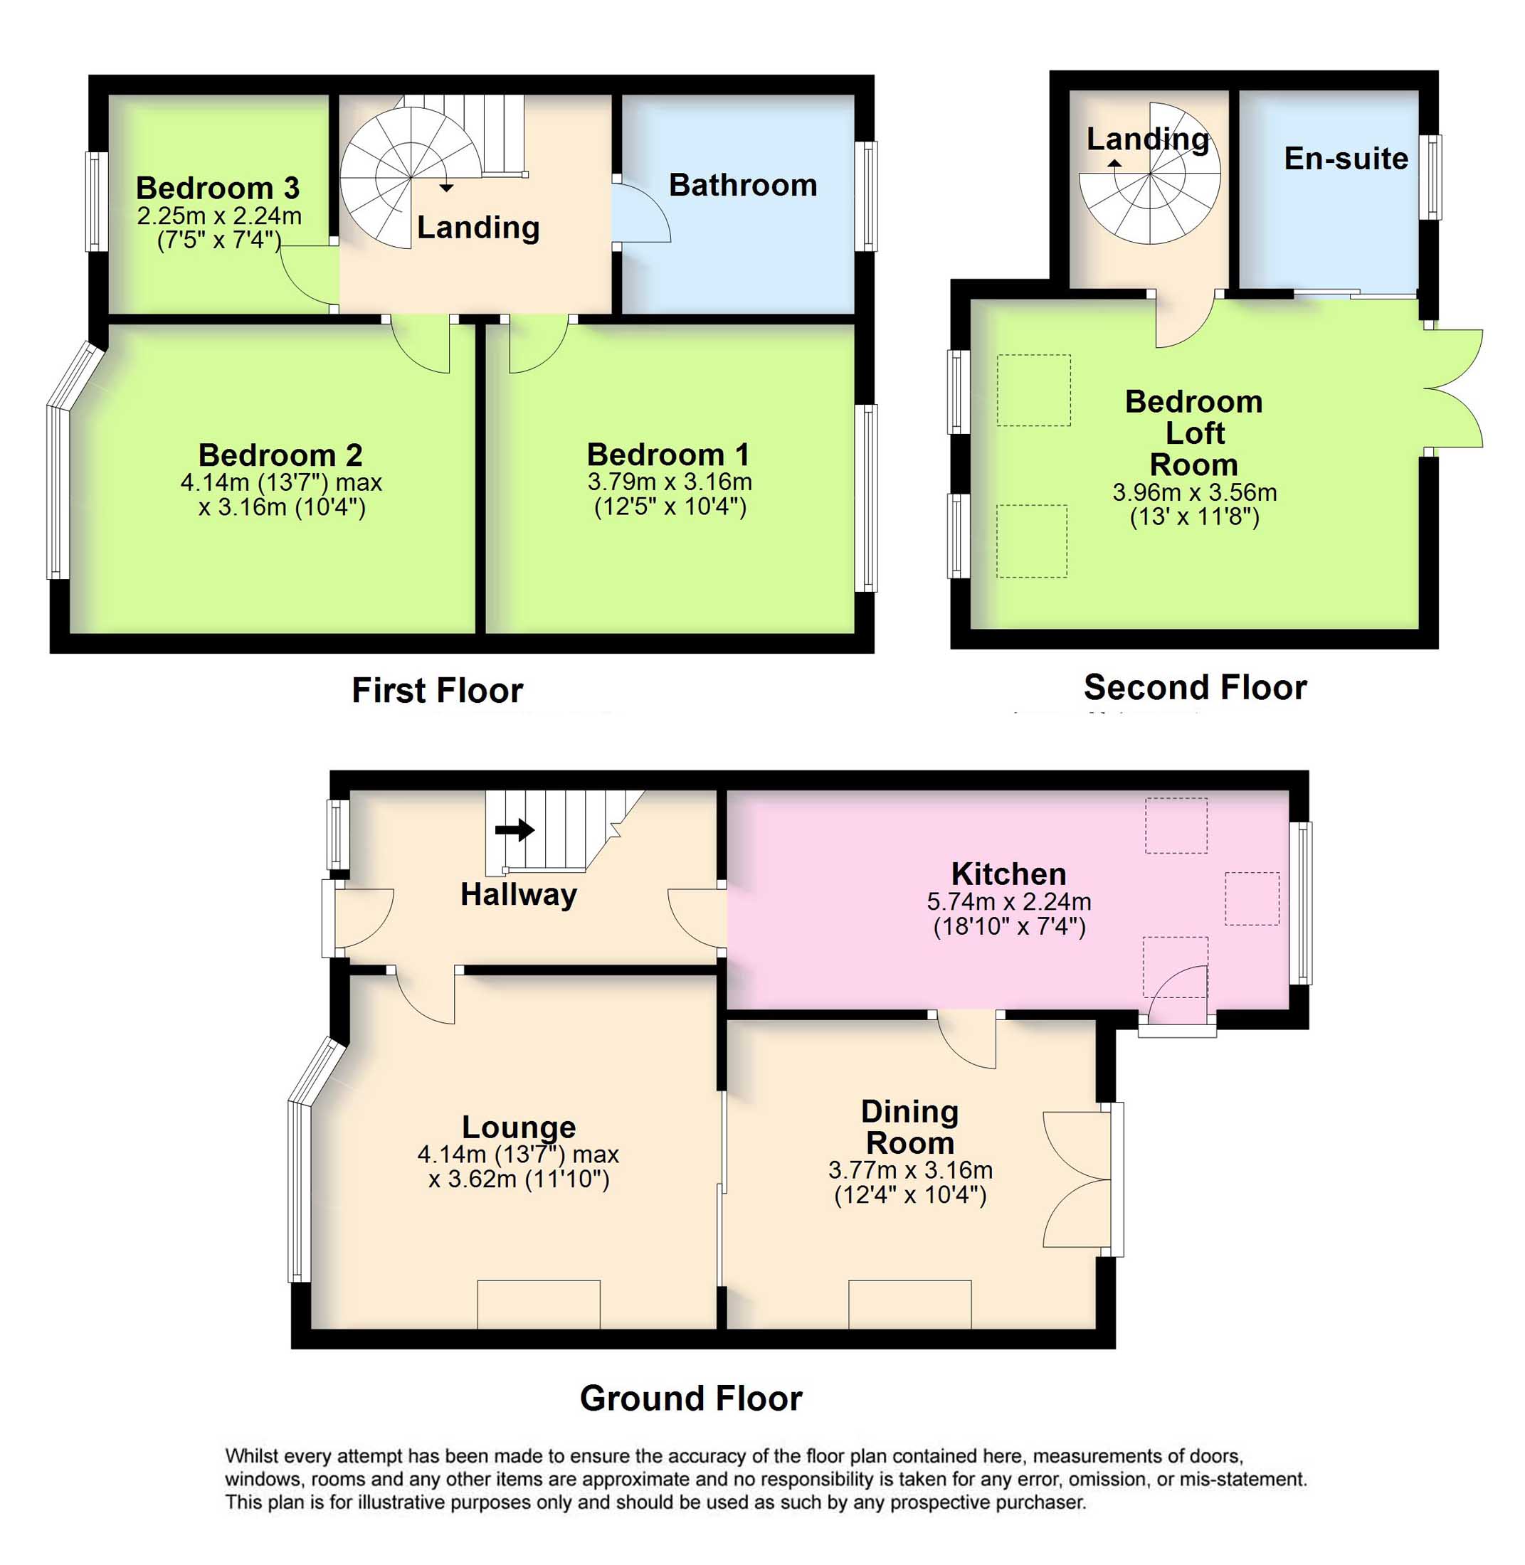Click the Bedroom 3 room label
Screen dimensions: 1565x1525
pyautogui.click(x=217, y=188)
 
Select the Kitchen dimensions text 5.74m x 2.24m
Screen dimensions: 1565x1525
pyautogui.click(x=1008, y=901)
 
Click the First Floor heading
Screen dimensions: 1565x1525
pyautogui.click(x=438, y=690)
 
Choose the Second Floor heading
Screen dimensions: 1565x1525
pyautogui.click(x=1195, y=687)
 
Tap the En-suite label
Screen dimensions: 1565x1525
pyautogui.click(x=1346, y=159)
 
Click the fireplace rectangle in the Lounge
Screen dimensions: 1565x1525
pyautogui.click(x=538, y=1304)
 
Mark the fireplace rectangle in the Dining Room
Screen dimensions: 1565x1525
pyautogui.click(x=910, y=1304)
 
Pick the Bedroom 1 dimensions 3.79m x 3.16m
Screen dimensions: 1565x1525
pyautogui.click(x=670, y=482)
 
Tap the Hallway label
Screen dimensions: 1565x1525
pyautogui.click(x=518, y=894)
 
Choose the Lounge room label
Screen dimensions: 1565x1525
pyautogui.click(x=518, y=1126)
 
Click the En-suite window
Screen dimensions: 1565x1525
pyautogui.click(x=1430, y=177)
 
